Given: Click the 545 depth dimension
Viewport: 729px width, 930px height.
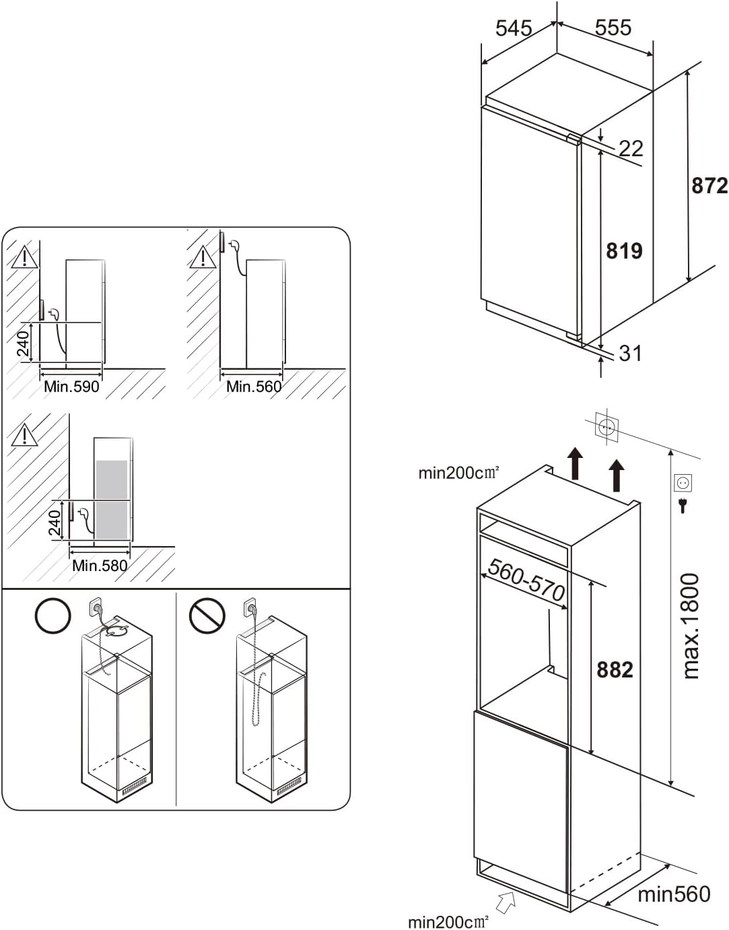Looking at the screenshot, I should pyautogui.click(x=513, y=28).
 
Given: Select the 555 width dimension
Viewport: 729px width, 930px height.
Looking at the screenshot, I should pyautogui.click(x=613, y=28).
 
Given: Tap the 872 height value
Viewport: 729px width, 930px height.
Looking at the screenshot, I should pyautogui.click(x=709, y=186).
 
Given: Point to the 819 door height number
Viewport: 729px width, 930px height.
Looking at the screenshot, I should pyautogui.click(x=624, y=251).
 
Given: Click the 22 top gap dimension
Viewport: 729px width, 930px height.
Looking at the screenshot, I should pyautogui.click(x=631, y=148).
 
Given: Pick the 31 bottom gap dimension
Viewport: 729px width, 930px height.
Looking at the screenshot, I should pyautogui.click(x=630, y=353).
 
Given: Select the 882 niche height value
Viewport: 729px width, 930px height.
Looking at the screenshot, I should pyautogui.click(x=615, y=669).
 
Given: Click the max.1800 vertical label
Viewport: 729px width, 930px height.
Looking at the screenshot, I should pyautogui.click(x=691, y=626).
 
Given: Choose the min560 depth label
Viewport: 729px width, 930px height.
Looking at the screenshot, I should pyautogui.click(x=674, y=894).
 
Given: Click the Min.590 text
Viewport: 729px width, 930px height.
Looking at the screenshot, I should pyautogui.click(x=71, y=387).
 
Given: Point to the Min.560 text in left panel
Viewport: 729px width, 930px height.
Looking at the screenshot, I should pyautogui.click(x=254, y=387).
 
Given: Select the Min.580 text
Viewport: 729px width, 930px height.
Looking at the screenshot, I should pyautogui.click(x=100, y=566).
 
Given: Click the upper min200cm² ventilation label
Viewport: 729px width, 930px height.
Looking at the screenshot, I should pyautogui.click(x=458, y=473).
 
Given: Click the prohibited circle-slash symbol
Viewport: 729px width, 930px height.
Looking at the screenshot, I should pyautogui.click(x=207, y=616).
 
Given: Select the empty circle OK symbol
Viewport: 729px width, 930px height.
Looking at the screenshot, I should pyautogui.click(x=53, y=616).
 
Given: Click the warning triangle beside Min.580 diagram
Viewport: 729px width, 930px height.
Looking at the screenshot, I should pyautogui.click(x=24, y=434).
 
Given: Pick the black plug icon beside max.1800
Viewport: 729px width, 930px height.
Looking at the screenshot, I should pyautogui.click(x=683, y=505).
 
